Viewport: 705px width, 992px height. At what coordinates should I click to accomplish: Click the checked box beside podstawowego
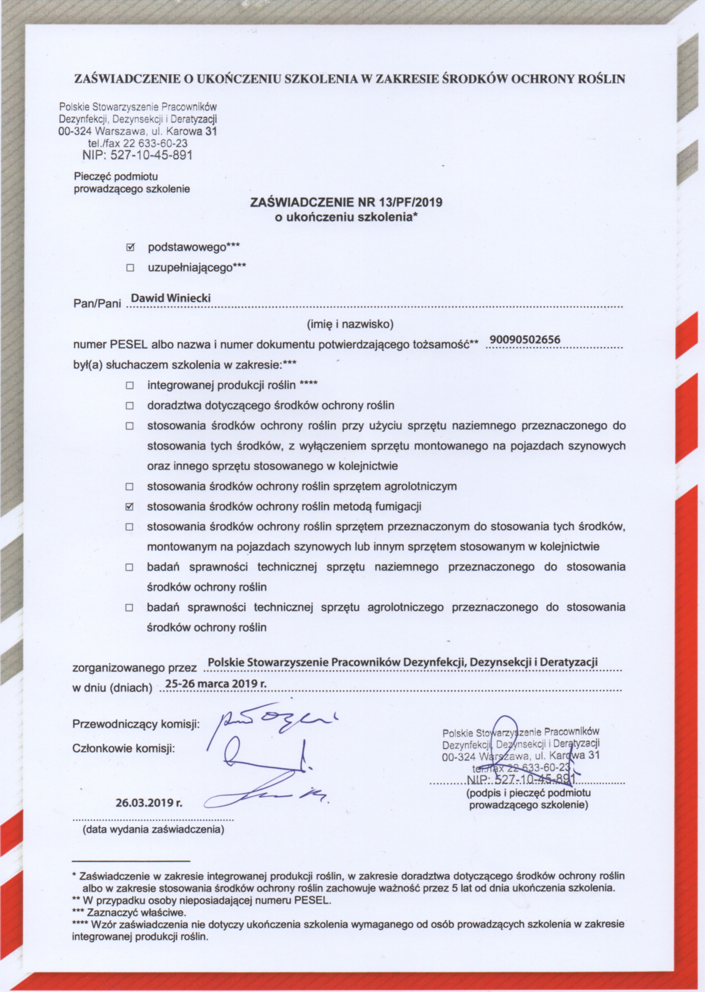[130, 248]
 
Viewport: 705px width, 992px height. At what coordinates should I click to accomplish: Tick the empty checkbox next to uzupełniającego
[130, 268]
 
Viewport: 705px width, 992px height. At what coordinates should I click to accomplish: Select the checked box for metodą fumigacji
[129, 506]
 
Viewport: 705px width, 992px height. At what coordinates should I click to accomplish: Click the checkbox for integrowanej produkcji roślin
[129, 386]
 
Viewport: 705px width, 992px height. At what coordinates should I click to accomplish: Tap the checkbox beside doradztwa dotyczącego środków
[129, 406]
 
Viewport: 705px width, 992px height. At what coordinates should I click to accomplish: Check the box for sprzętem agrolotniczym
[129, 487]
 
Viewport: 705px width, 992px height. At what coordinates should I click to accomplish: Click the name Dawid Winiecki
[171, 298]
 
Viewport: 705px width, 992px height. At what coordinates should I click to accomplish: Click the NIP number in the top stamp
[137, 155]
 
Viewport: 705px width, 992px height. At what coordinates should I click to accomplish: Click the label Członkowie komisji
[124, 749]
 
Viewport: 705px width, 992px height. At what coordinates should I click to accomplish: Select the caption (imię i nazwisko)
[350, 324]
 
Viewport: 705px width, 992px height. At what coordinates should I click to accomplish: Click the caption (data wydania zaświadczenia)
[154, 829]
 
